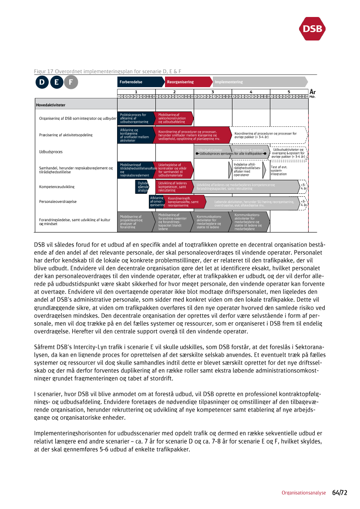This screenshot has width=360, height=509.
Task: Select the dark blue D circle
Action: point(42,82)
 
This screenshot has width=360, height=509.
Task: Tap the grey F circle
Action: point(71,82)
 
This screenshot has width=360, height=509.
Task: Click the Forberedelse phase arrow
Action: point(140,82)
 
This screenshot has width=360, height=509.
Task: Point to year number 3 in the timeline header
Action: point(212,92)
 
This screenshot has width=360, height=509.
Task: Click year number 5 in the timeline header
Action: point(289,92)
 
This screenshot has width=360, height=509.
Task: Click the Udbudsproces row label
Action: point(51,152)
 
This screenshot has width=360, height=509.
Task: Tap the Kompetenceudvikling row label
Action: point(57,187)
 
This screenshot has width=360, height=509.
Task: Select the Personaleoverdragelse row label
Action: point(58,202)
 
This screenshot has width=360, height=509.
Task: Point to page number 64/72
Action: point(340,493)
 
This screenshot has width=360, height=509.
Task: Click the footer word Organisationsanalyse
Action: point(303,493)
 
